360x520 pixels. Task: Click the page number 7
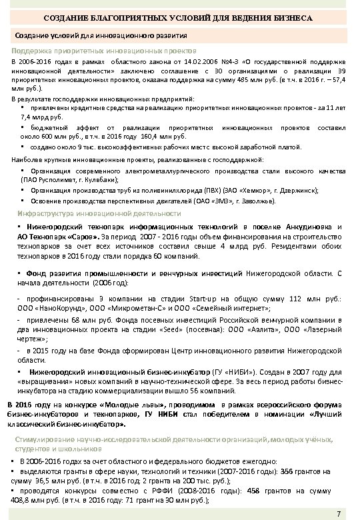coord(339,512)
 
